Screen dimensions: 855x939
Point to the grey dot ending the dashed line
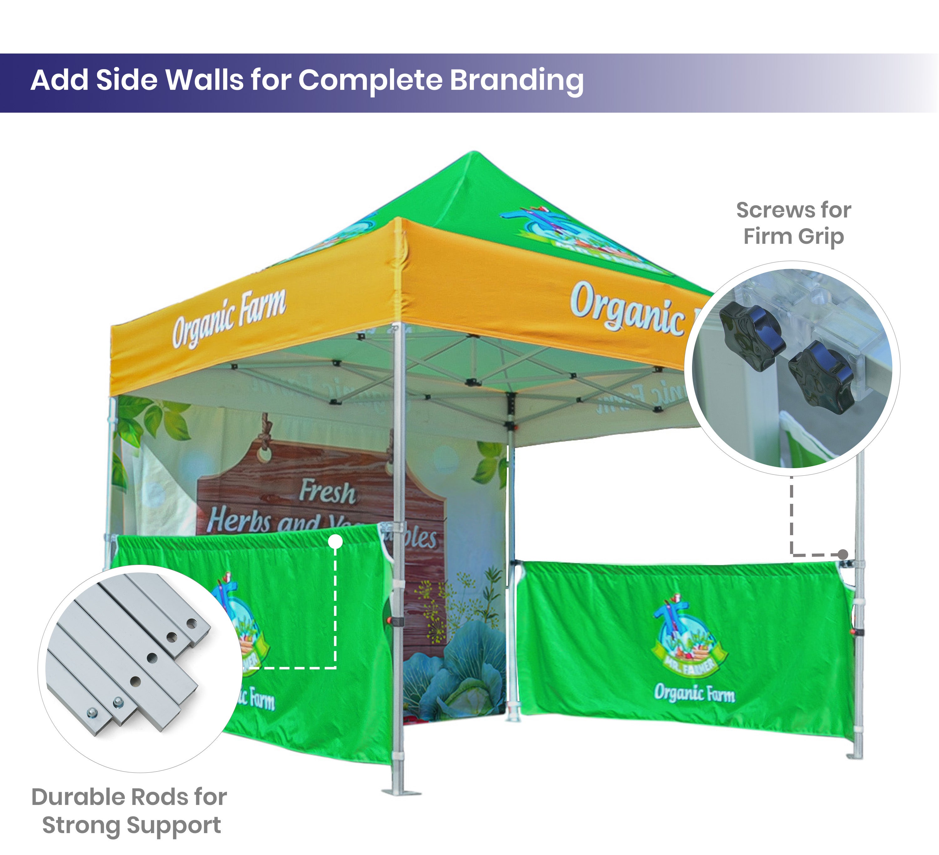pyautogui.click(x=843, y=554)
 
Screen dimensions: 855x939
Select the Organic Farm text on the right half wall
pyautogui.click(x=694, y=693)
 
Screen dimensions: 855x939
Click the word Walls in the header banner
pyautogui.click(x=204, y=80)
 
